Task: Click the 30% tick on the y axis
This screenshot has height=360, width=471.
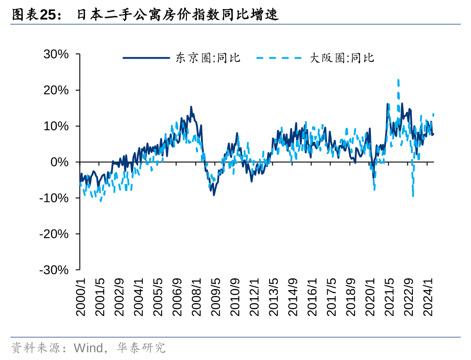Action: [x=56, y=54]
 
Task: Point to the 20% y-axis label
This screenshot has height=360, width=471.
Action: [x=56, y=90]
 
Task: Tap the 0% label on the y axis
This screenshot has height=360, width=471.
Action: [x=60, y=162]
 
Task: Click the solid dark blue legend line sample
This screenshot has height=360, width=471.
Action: [x=146, y=58]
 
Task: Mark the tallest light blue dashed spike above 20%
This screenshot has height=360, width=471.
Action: [x=398, y=80]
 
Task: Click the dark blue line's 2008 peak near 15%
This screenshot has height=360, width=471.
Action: [x=191, y=107]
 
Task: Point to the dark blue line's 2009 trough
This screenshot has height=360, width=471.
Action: [x=214, y=195]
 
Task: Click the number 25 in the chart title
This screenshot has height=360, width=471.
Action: [x=48, y=15]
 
